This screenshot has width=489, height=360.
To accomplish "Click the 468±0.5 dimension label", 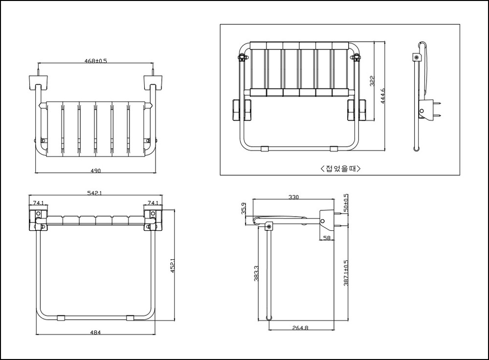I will point(96,61).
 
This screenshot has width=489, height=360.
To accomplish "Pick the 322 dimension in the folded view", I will point(372,81).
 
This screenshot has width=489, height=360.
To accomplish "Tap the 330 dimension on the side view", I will point(293,197).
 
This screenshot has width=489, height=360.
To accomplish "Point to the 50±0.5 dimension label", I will point(346,203).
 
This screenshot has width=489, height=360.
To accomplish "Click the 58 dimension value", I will point(327,238).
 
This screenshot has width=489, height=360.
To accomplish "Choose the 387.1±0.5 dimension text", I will point(346,273).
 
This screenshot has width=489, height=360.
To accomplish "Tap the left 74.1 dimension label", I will point(39,203).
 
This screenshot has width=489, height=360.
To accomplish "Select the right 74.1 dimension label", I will point(153,203).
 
